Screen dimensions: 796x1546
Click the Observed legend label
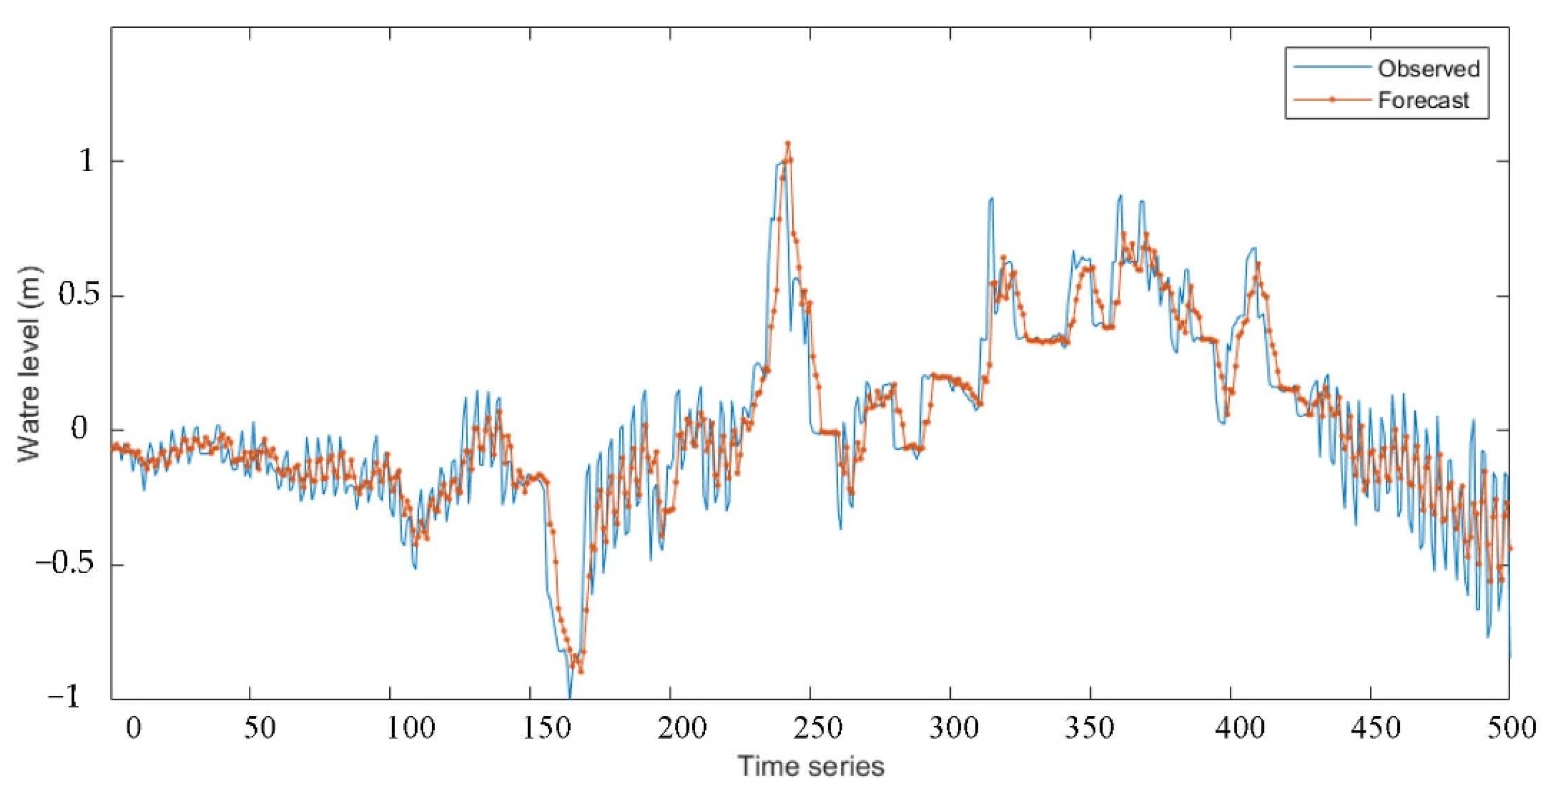coord(1428,69)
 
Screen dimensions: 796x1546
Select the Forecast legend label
coord(1424,100)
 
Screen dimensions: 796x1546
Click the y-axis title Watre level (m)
coord(29,365)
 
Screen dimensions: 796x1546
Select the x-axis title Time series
coord(811,766)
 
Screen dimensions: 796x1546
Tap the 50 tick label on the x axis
coord(260,728)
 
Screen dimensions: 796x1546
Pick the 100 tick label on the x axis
coord(410,728)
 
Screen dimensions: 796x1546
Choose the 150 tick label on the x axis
coord(550,728)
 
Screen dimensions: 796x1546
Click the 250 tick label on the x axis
coord(830,728)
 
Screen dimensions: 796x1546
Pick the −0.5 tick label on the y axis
coord(66,565)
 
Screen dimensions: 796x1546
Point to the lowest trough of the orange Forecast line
coord(580,672)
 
